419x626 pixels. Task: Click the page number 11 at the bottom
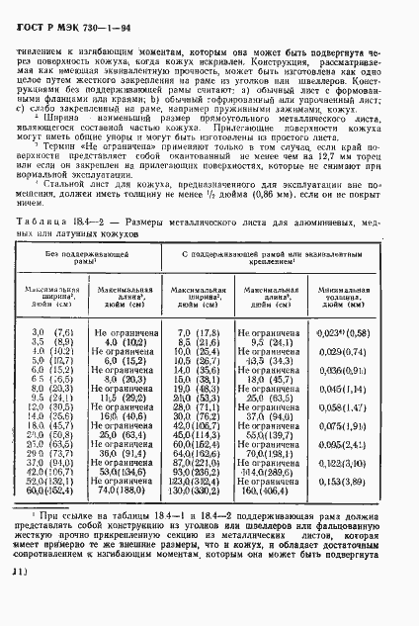(x=18, y=600)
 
